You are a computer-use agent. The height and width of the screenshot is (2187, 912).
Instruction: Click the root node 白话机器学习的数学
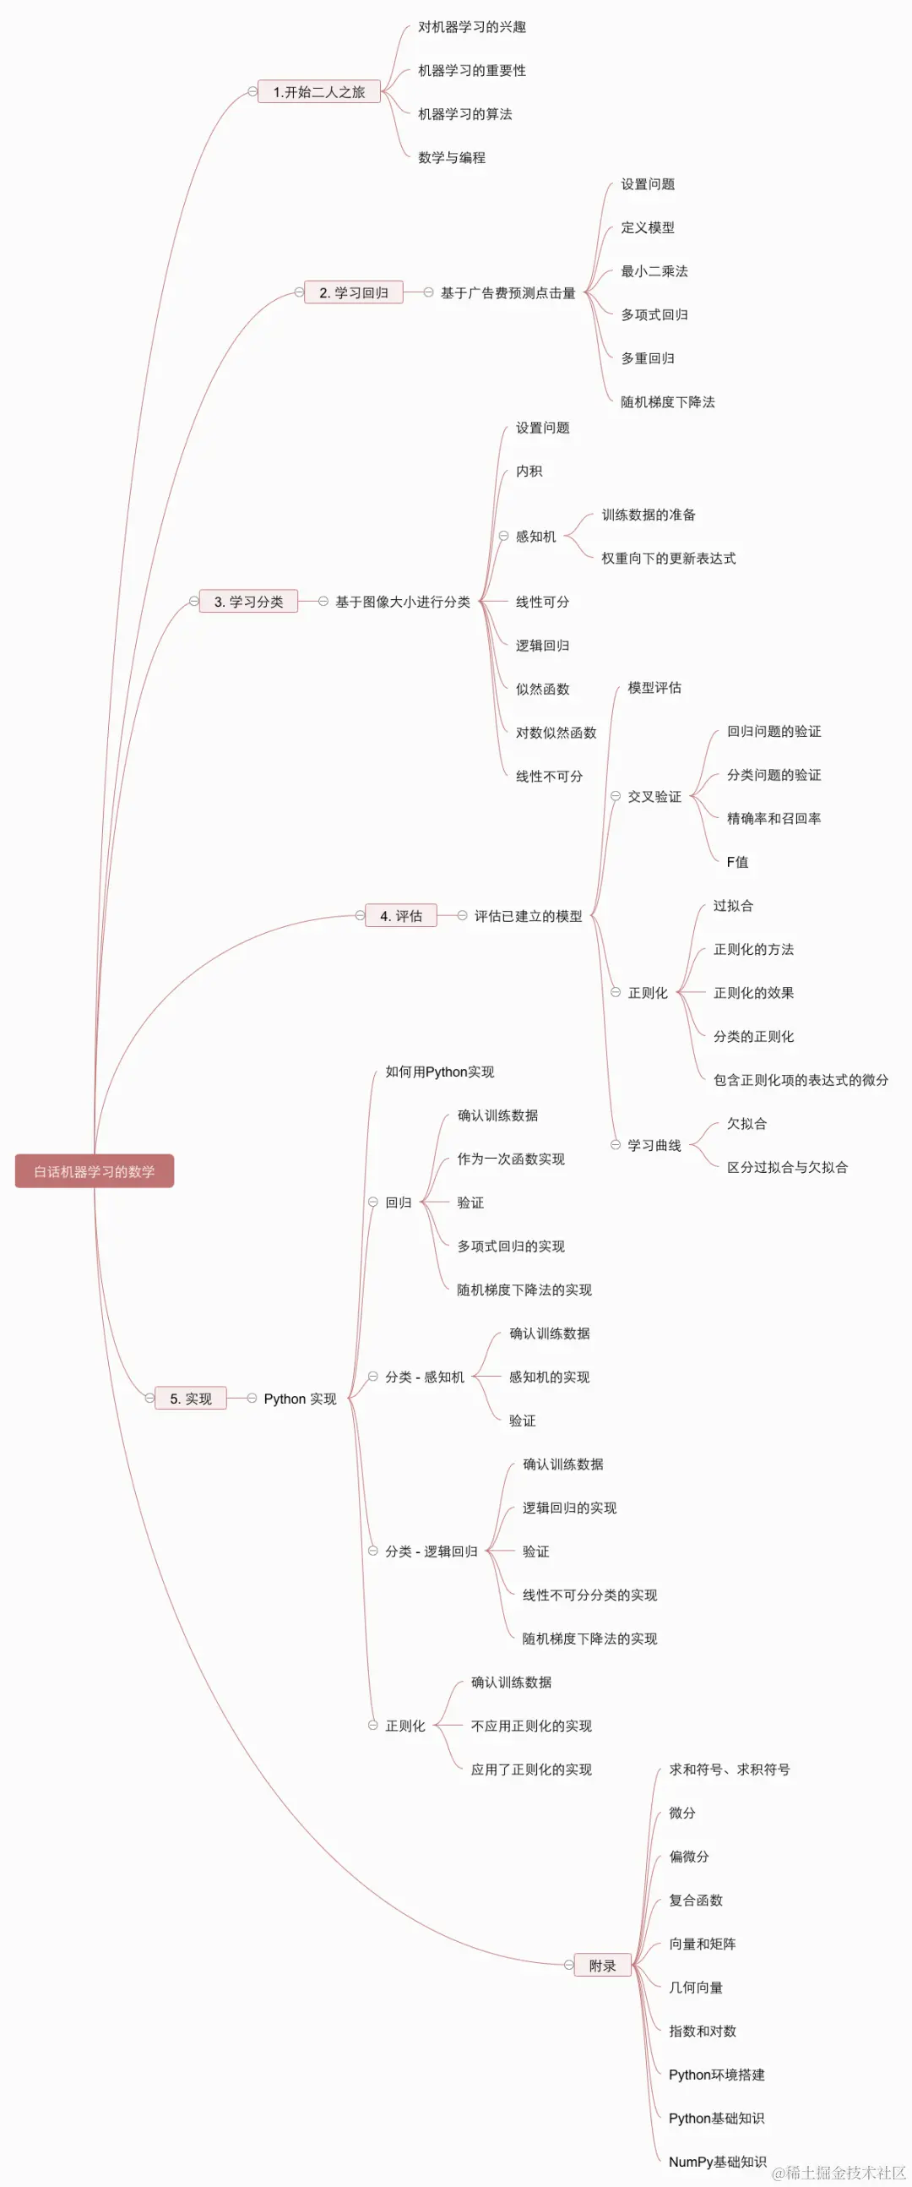point(95,1171)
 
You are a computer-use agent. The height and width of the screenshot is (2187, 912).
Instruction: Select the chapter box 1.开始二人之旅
point(319,92)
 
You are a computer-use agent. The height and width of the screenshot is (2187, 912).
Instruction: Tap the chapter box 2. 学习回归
point(354,293)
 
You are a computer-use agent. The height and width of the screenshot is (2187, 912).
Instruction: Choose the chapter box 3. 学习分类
point(248,602)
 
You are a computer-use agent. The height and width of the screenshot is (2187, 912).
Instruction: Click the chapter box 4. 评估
point(400,916)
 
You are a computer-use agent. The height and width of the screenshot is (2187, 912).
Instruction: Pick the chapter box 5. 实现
point(191,1399)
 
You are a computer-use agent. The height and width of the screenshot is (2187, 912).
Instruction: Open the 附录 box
point(602,1966)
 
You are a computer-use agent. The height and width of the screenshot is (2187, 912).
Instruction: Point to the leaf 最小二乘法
point(654,271)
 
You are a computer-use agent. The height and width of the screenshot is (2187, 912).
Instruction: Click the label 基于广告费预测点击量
point(508,293)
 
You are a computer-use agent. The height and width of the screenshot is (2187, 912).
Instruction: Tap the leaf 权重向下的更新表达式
point(669,559)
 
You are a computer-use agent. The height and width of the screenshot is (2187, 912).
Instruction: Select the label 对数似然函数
point(556,733)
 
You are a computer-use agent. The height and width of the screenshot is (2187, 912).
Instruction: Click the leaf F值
point(737,863)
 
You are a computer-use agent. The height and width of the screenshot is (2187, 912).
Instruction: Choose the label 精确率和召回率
point(774,818)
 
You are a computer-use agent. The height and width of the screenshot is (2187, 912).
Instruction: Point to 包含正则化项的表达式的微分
point(801,1080)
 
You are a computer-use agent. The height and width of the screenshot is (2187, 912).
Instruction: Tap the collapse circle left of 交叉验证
point(616,796)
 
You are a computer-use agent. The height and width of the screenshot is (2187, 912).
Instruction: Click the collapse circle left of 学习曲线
point(616,1145)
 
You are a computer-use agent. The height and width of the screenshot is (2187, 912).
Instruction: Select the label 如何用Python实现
point(439,1072)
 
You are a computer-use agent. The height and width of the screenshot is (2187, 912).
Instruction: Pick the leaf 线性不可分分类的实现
point(589,1595)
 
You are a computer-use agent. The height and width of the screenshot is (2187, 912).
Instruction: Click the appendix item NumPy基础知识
point(717,2162)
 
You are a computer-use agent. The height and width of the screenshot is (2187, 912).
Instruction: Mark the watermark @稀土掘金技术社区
point(839,2173)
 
